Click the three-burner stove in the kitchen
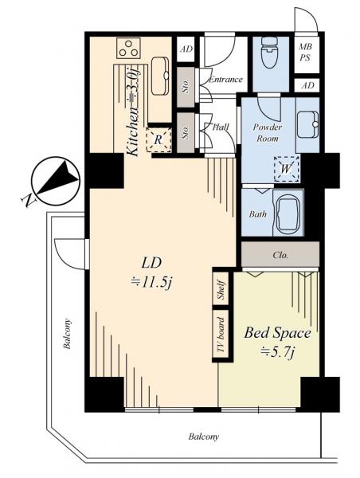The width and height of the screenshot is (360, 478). point(128,48)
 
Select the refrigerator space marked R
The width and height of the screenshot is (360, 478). point(158,139)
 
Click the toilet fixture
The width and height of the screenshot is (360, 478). point(269,53)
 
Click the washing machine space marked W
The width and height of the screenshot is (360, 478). point(286,169)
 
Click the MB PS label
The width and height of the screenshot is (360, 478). point(305,52)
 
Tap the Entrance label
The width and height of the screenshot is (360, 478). point(225,80)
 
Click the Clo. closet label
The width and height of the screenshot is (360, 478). point(280,255)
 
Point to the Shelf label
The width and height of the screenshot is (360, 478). point(221,290)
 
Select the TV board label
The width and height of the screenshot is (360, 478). point(221,335)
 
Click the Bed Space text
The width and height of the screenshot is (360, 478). point(277,332)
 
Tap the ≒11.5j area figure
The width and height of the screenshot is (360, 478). point(151,283)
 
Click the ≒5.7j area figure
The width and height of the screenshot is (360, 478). point(277,352)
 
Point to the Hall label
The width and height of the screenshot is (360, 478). point(221,127)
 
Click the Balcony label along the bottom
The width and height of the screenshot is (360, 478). point(204,437)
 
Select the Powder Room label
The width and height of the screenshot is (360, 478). point(268,132)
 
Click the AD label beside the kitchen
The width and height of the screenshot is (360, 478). point(186,49)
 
